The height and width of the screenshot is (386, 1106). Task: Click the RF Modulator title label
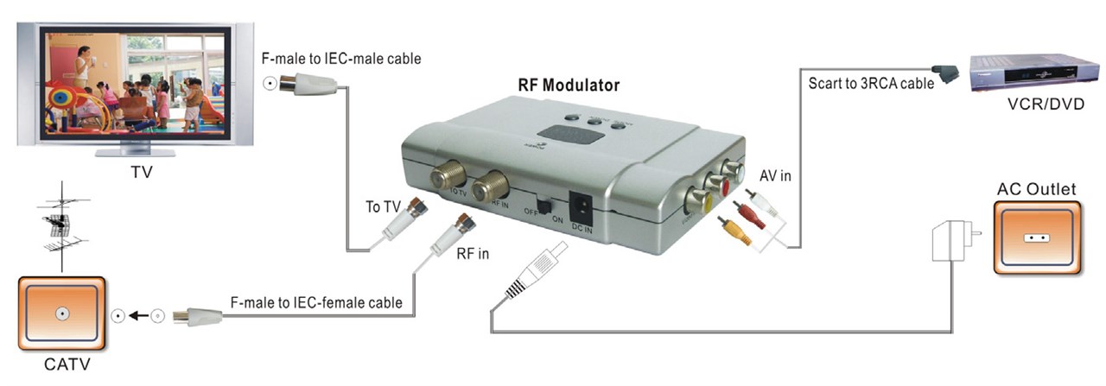569,85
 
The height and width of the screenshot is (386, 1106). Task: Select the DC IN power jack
582,208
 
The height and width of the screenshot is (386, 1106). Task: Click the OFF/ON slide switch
544,207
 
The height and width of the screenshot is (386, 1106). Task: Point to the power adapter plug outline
950,240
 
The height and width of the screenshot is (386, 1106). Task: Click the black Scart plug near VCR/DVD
944,73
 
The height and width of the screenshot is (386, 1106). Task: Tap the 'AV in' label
776,175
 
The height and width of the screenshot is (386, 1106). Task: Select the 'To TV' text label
384,207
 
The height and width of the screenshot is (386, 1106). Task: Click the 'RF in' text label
472,253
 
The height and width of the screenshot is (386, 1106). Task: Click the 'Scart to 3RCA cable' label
871,84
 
